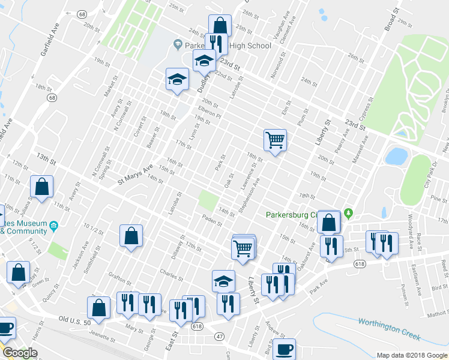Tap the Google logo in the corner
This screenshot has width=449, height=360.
[x=19, y=353]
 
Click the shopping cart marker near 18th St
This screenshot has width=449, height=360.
[x=275, y=140]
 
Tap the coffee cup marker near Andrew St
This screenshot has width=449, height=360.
[x=285, y=348]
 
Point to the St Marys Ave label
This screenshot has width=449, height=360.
[x=136, y=174]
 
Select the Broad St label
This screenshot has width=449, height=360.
[x=391, y=20]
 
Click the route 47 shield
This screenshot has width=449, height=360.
[x=220, y=338]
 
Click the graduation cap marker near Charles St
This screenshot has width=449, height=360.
[x=223, y=281]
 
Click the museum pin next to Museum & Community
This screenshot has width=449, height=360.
[x=54, y=226]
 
